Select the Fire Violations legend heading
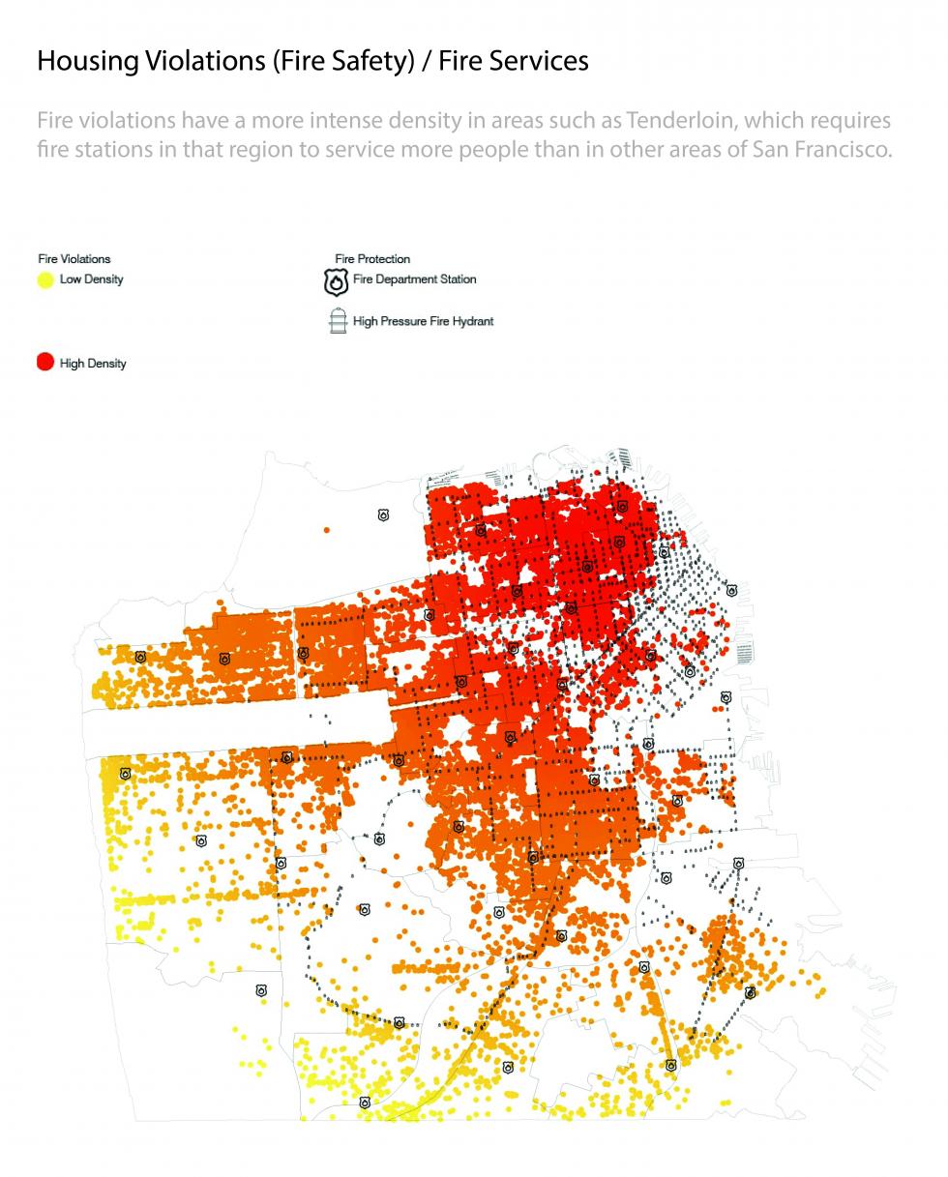(x=74, y=259)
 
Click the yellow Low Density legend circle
(x=45, y=280)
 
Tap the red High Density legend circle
(x=45, y=363)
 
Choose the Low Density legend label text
(x=92, y=280)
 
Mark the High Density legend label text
(x=93, y=364)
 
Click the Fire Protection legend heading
(x=372, y=259)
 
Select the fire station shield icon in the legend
(x=336, y=281)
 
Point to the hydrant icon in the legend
(x=338, y=321)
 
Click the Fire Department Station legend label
(x=414, y=280)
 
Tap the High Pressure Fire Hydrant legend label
(x=423, y=321)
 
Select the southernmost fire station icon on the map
(x=365, y=1103)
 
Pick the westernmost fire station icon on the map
(x=125, y=774)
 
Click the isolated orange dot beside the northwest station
(x=327, y=530)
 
